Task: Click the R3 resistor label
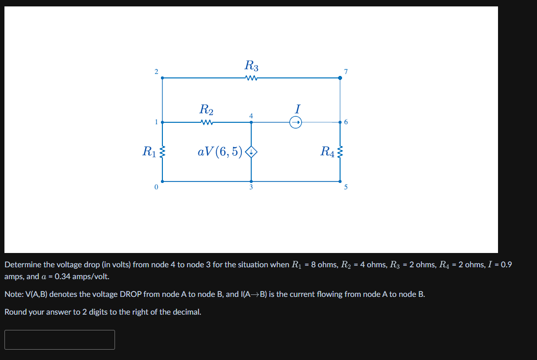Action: (251, 65)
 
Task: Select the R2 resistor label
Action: (206, 109)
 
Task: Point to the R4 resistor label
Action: (328, 151)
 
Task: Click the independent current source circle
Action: (296, 122)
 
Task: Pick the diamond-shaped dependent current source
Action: (252, 152)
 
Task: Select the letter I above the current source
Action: (297, 108)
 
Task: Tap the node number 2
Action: (156, 72)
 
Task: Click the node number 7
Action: (346, 72)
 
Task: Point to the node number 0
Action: (156, 187)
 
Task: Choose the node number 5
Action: (346, 187)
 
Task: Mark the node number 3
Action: (251, 187)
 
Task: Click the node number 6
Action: (346, 122)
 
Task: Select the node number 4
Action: (251, 115)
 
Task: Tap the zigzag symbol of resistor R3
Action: (251, 78)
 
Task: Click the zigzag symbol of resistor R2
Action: (206, 122)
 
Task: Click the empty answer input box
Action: (60, 340)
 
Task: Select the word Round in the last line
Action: (15, 312)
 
